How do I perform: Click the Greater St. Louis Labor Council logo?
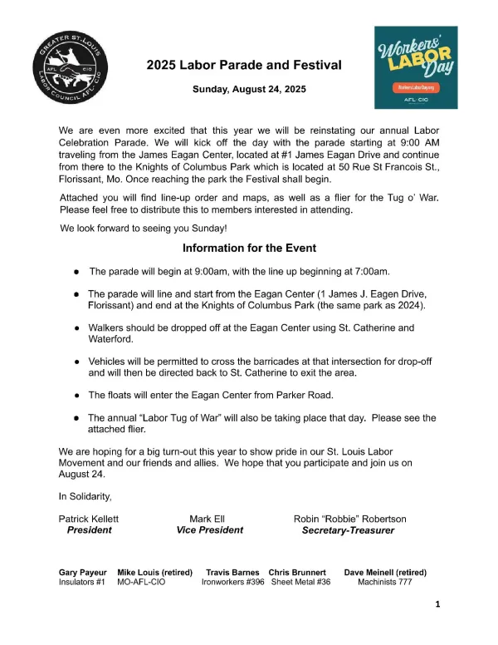point(71,71)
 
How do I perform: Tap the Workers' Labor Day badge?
point(415,67)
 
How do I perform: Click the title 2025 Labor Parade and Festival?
point(244,65)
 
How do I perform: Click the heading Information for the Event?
point(249,248)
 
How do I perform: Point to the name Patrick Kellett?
point(89,518)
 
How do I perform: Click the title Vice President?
point(210,529)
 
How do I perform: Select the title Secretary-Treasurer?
point(348,529)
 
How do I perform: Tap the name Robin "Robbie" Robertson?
point(349,518)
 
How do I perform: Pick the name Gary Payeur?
point(82,573)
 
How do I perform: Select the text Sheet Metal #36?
point(300,583)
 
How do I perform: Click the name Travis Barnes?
point(233,573)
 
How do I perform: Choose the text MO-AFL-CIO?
point(143,583)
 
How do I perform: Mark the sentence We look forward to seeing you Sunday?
point(143,228)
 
